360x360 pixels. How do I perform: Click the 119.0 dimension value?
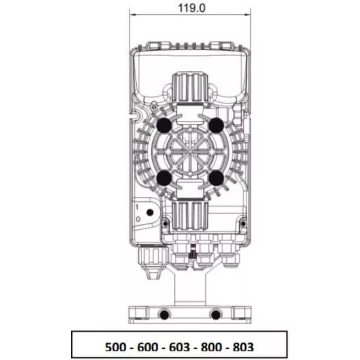[x=192, y=8]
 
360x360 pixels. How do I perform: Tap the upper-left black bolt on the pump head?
[x=164, y=125]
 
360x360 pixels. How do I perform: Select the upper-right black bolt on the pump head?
[x=216, y=125]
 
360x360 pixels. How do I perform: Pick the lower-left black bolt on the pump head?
[x=164, y=178]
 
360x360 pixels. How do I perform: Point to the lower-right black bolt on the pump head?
[x=216, y=178]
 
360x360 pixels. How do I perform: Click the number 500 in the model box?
[x=115, y=347]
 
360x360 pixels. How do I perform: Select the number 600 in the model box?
[x=147, y=347]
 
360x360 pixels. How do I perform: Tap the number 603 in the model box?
[x=180, y=347]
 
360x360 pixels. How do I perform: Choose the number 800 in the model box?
[x=211, y=347]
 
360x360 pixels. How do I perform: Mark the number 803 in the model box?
[x=244, y=347]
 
